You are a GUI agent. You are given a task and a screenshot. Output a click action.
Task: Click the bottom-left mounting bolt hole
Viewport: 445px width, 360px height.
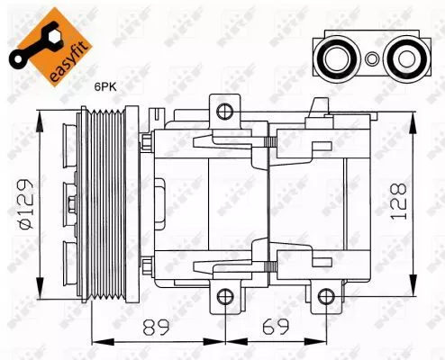pos(224,295)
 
